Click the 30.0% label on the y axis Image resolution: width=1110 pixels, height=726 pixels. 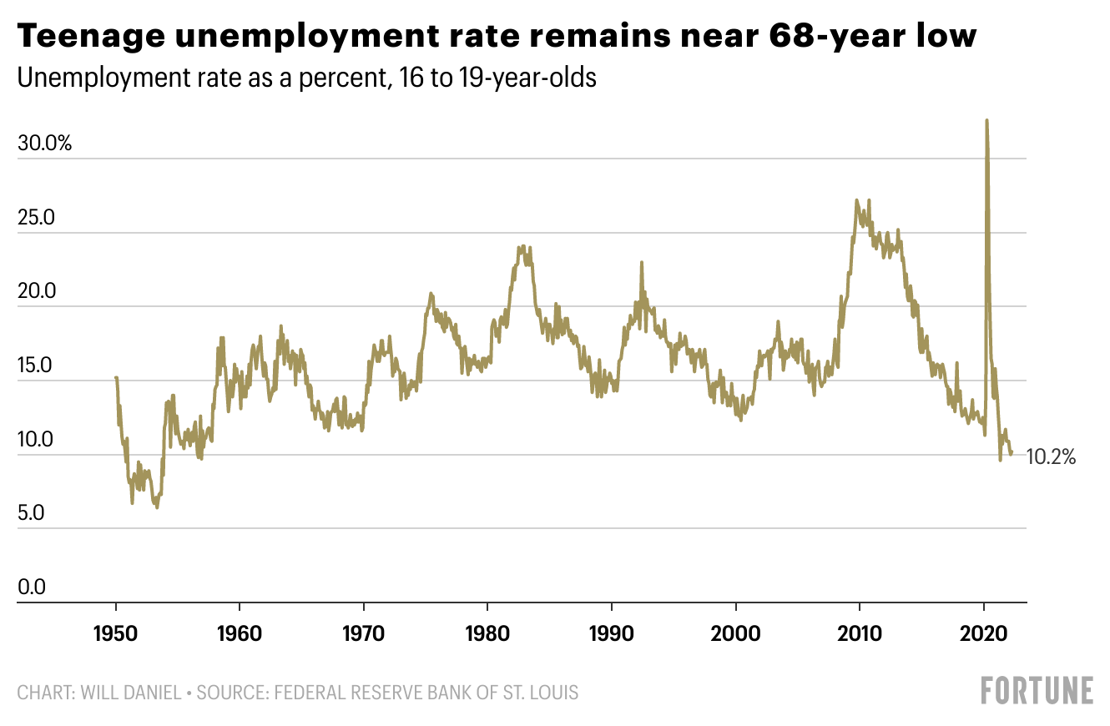pyautogui.click(x=44, y=144)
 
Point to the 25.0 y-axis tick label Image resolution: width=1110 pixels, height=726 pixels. pyautogui.click(x=36, y=218)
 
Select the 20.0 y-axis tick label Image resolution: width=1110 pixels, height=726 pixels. pyautogui.click(x=36, y=292)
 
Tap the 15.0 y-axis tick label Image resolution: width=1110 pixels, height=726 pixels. pyautogui.click(x=36, y=366)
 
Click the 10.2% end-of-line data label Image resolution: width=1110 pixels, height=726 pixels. pyautogui.click(x=1051, y=456)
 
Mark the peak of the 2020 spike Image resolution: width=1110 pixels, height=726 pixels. pyautogui.click(x=986, y=120)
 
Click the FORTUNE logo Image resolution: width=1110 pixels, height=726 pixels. pyautogui.click(x=1037, y=691)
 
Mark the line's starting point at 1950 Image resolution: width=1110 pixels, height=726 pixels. pyautogui.click(x=116, y=378)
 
